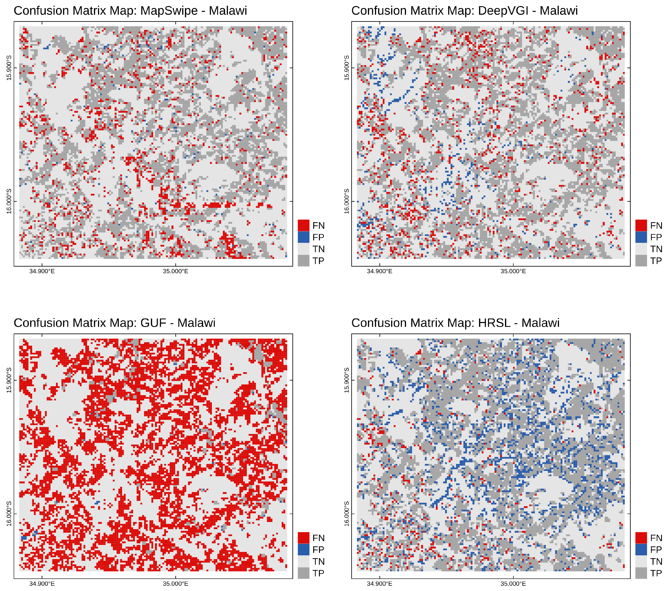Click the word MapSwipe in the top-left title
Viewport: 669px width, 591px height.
[169, 11]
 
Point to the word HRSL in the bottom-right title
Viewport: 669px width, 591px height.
[494, 323]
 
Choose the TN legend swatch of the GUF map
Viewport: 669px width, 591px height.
[303, 561]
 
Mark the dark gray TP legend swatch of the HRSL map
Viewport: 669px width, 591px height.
[641, 573]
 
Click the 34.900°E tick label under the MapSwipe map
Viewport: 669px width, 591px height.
[42, 271]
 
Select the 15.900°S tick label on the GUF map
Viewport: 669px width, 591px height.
[9, 380]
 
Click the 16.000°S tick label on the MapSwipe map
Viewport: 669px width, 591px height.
[9, 201]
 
